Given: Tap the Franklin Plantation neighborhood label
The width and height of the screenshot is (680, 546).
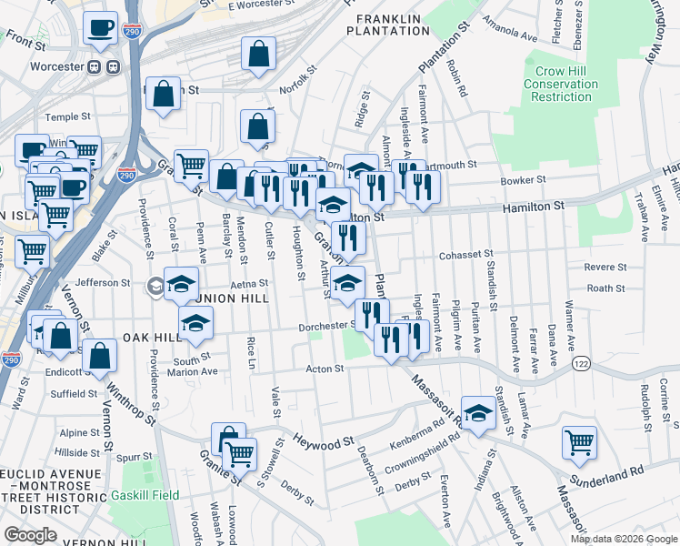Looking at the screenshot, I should pos(387,25).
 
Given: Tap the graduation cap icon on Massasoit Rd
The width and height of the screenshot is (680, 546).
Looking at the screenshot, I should pos(477,411).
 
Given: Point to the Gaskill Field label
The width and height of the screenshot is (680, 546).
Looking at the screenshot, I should pos(145,496).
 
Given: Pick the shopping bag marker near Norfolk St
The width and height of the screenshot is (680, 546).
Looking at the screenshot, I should pos(259,53).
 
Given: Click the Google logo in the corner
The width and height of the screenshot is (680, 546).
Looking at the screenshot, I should pos(30,535).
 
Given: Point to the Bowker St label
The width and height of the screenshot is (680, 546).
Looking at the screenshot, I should pos(522,180).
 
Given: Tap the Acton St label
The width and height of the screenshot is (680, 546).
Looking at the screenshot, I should pos(325,369).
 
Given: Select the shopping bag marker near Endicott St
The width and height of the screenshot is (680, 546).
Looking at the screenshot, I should pos(99,356).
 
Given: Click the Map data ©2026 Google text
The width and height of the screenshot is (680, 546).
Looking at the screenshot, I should pos(623,539).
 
